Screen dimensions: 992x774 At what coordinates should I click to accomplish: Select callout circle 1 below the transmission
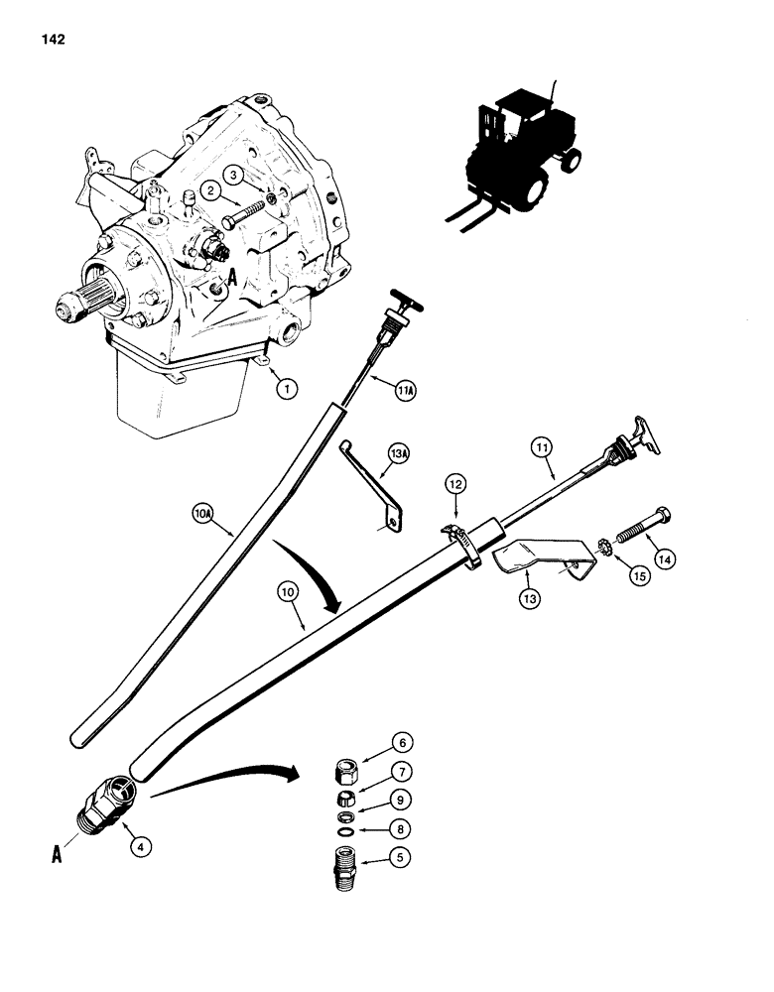tap(288, 390)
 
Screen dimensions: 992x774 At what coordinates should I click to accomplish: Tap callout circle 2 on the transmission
tap(210, 190)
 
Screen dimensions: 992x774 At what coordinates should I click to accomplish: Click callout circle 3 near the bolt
tap(236, 174)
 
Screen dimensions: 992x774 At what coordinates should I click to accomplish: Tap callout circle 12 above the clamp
tap(455, 484)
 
